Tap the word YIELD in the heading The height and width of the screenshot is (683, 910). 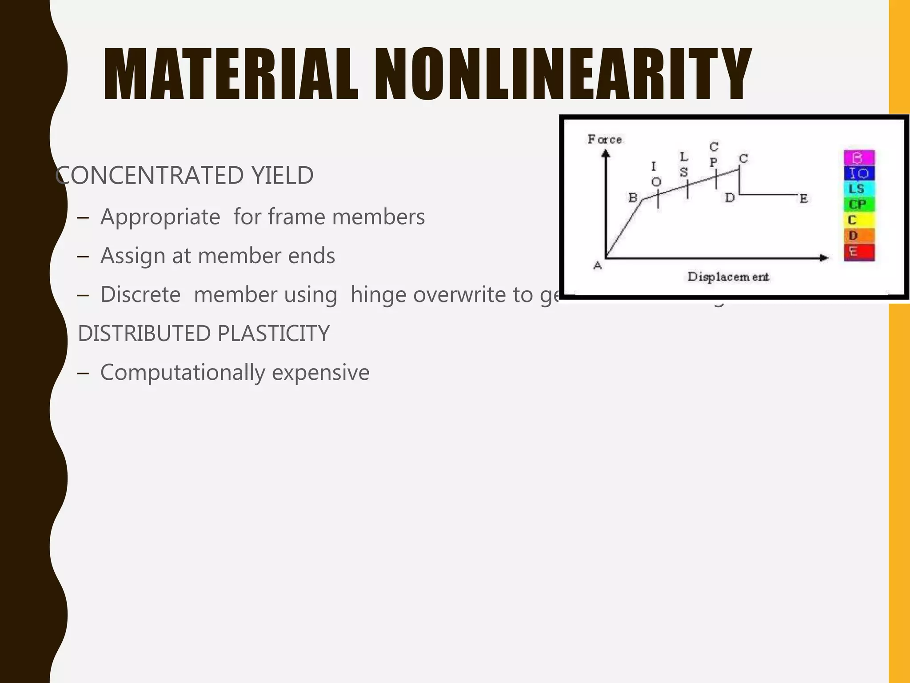pos(283,175)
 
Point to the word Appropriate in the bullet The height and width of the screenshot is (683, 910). pos(160,217)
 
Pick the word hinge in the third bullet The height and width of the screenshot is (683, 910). pos(378,295)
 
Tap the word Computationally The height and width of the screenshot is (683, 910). pos(183,373)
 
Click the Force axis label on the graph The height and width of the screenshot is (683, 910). pos(605,140)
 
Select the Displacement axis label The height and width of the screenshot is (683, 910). pos(728,277)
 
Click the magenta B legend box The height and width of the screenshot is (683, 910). pos(859,158)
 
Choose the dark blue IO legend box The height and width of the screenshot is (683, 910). pos(859,173)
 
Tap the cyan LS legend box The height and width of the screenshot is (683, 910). pos(859,189)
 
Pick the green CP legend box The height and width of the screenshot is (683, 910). pos(859,205)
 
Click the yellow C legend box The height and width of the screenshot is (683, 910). pos(859,220)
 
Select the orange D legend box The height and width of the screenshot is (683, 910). pos(859,236)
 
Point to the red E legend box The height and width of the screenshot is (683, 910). pos(859,252)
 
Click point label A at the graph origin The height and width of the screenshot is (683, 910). pos(598,266)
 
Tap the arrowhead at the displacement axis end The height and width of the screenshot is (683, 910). pos(824,258)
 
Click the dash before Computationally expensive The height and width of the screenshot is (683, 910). pos(83,373)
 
